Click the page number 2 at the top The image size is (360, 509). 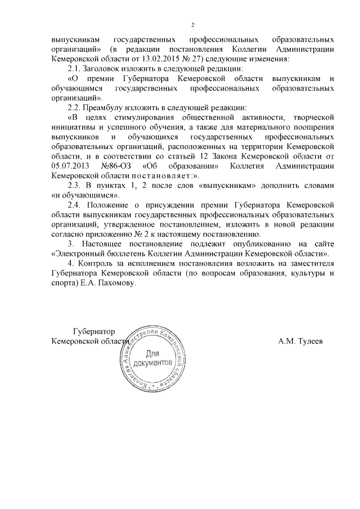click(x=192, y=25)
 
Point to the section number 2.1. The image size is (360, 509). click(x=75, y=68)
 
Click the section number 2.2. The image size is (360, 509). click(x=75, y=107)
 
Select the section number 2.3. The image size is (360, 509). click(x=75, y=186)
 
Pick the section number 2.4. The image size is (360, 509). click(x=75, y=205)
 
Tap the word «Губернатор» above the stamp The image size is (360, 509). click(x=93, y=332)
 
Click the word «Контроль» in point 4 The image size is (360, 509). click(x=100, y=264)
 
